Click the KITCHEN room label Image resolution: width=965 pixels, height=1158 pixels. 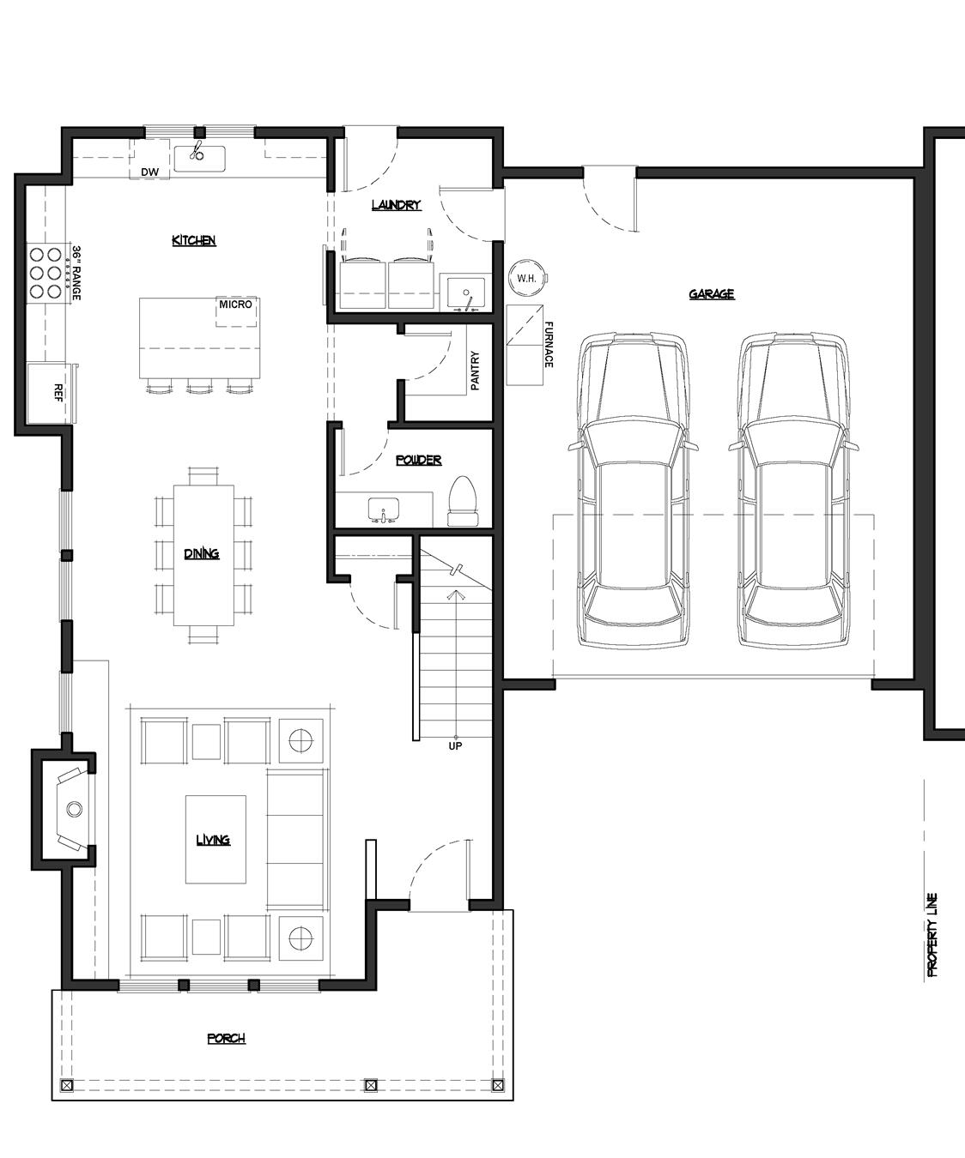(x=193, y=240)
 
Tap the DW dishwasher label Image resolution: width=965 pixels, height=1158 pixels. (x=150, y=172)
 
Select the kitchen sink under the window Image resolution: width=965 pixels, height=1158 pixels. (x=199, y=157)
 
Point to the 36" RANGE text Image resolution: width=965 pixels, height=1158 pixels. (x=76, y=273)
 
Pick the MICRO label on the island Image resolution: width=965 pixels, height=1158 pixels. (x=235, y=305)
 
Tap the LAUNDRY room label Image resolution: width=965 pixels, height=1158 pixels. (x=396, y=205)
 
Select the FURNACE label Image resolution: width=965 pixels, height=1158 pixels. (x=549, y=344)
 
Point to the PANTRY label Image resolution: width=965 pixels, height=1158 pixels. (x=475, y=371)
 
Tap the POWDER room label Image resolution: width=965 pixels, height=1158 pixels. (x=418, y=460)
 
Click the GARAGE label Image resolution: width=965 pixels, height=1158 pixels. (x=711, y=294)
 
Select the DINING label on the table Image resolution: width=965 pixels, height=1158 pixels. (x=202, y=553)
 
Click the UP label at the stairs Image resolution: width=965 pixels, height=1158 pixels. (x=455, y=746)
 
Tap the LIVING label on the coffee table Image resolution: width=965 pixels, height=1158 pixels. (x=212, y=840)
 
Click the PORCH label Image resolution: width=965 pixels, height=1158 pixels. (x=226, y=1039)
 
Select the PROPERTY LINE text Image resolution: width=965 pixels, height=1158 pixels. (x=932, y=935)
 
